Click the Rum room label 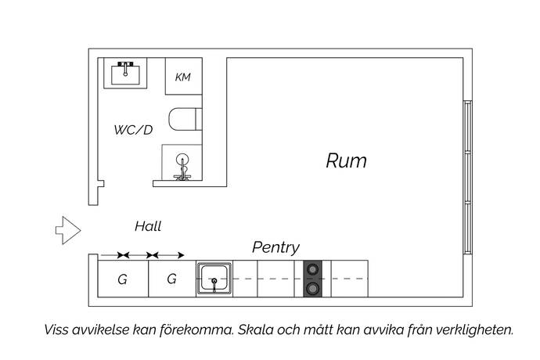tap(346, 161)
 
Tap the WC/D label tap(133, 130)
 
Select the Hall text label tap(147, 227)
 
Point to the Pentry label tap(275, 247)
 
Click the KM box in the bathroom tap(183, 77)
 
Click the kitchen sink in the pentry tap(213, 277)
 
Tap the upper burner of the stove tap(312, 270)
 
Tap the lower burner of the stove tap(312, 289)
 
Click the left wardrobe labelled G tap(123, 279)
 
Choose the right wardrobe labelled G tap(172, 279)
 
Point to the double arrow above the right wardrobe tap(167, 255)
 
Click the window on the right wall tap(467, 177)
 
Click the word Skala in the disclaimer tap(254, 329)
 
